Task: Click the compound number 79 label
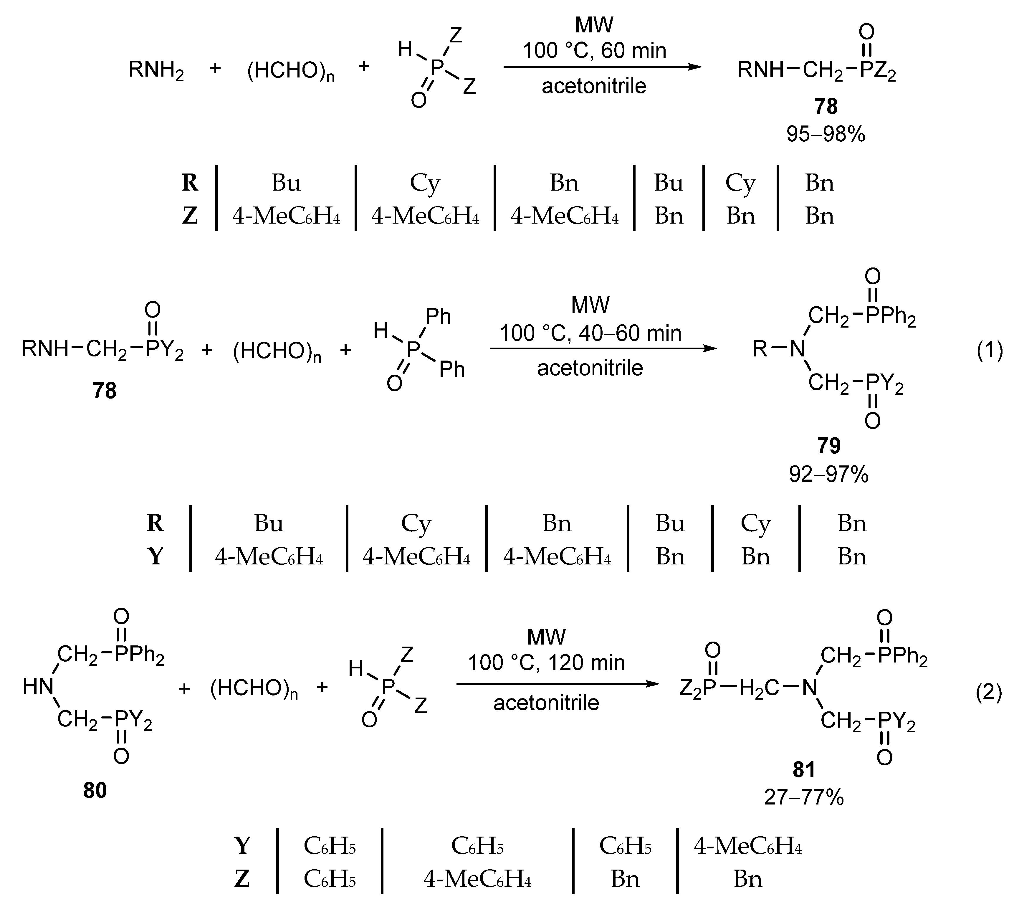[828, 445]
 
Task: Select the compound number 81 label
[804, 769]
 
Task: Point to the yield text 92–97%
[828, 474]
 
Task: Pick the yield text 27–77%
[804, 797]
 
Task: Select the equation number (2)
[989, 693]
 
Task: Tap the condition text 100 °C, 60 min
[594, 51]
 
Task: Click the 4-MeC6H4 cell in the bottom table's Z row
[477, 878]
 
